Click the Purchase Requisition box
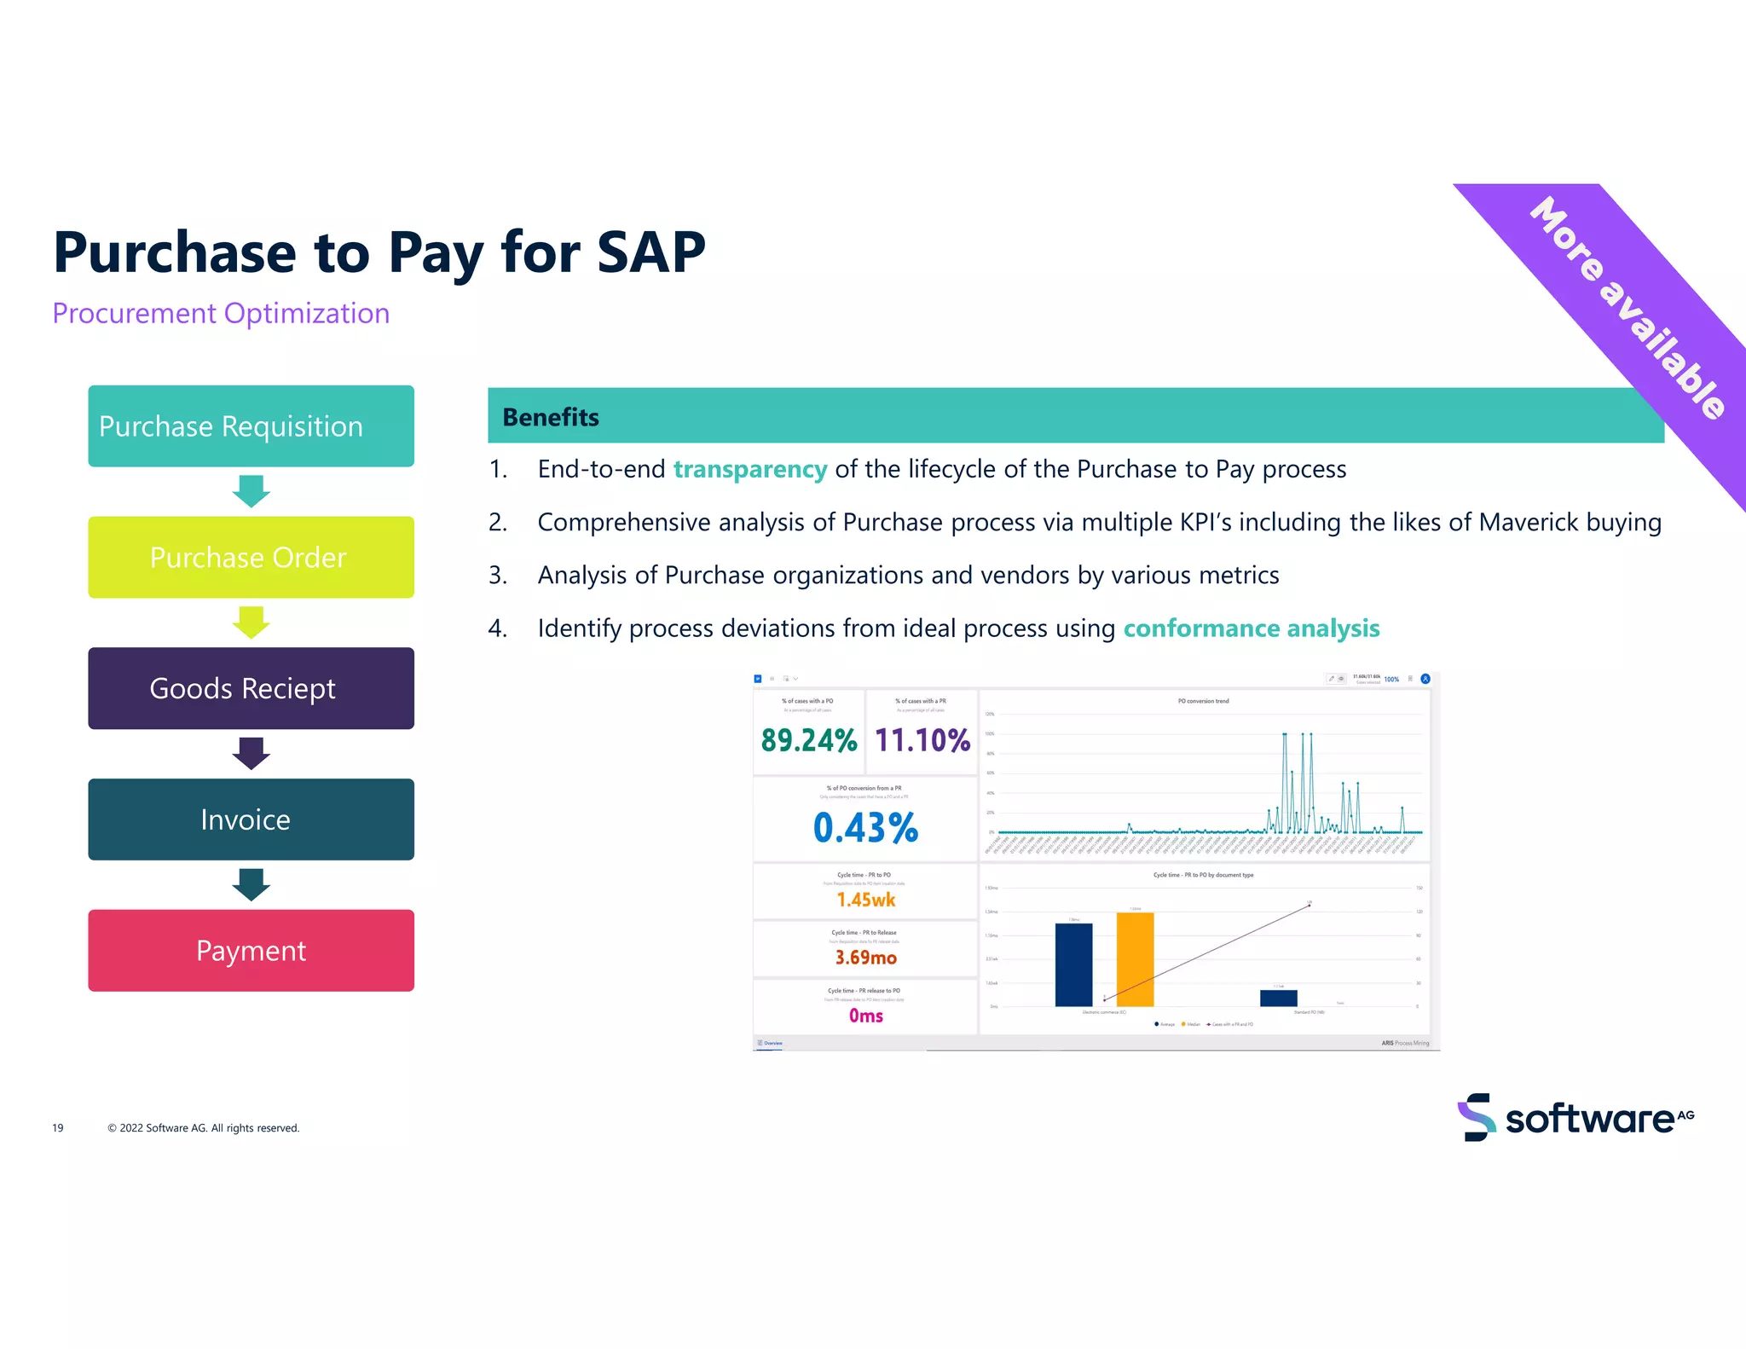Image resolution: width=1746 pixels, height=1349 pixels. [251, 426]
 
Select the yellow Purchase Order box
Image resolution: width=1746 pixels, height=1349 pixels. [251, 557]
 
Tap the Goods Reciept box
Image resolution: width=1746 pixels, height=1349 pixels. [251, 688]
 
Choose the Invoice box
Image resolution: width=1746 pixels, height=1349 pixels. [251, 819]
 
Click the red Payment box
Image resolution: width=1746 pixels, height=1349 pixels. [251, 950]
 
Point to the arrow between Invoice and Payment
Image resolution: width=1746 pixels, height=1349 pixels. [251, 884]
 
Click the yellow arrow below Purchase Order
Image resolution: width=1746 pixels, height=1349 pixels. [251, 622]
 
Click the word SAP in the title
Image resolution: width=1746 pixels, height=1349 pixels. [650, 252]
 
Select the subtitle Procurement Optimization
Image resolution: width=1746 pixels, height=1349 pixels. [221, 314]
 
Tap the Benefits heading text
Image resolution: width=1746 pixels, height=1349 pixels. [551, 417]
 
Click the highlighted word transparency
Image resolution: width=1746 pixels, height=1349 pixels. [749, 469]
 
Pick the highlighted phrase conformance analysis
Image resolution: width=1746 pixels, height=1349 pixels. [1251, 628]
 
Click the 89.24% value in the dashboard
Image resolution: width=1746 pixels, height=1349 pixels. [808, 740]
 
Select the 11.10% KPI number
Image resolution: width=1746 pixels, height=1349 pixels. [922, 740]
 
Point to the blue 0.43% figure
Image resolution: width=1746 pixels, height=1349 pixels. [865, 827]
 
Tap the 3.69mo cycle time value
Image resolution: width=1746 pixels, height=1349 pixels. [865, 958]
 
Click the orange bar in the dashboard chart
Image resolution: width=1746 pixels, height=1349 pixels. [1135, 959]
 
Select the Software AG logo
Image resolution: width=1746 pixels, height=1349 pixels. [1575, 1117]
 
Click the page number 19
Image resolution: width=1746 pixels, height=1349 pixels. [58, 1128]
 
